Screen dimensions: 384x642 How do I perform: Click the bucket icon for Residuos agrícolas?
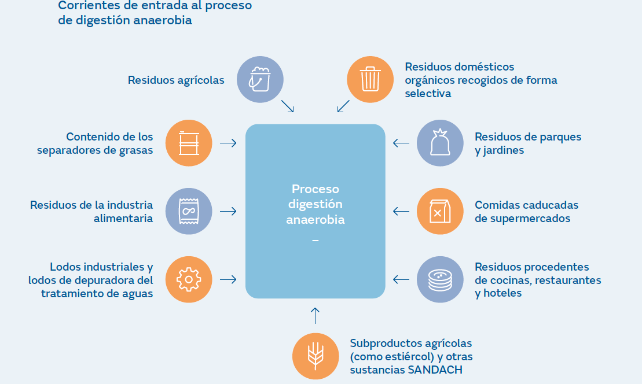click(260, 79)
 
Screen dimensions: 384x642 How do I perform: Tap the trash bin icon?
click(370, 79)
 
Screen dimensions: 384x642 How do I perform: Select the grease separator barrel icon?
click(188, 143)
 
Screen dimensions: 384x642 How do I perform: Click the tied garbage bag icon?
click(440, 143)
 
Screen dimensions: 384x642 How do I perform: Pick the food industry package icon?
click(188, 211)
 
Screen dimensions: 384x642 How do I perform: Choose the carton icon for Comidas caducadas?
click(440, 211)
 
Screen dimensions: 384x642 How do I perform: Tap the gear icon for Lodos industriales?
click(188, 279)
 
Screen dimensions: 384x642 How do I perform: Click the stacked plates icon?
click(440, 279)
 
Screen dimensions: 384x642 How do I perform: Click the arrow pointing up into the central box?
click(315, 315)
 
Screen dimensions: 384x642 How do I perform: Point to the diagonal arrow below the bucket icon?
click(288, 106)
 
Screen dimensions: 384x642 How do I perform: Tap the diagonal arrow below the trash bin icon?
click(343, 106)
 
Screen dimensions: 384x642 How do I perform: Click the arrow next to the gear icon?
click(228, 279)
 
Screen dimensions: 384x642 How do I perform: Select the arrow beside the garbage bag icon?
click(401, 143)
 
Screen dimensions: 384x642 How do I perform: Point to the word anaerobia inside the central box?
click(316, 220)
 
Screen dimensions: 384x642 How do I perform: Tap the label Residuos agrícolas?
click(176, 80)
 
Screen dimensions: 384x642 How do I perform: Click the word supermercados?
click(523, 219)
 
